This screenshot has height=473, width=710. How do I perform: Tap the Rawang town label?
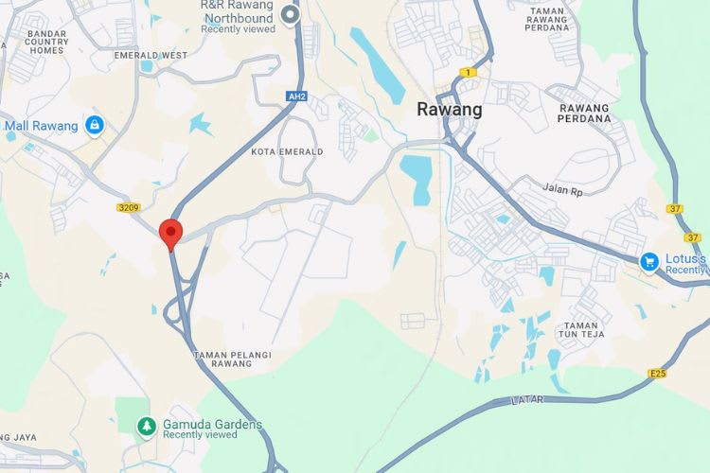point(450,110)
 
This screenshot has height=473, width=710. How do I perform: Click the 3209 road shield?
point(129,207)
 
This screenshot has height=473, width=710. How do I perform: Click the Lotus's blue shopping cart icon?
point(649,261)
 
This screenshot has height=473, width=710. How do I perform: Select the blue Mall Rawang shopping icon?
point(94,124)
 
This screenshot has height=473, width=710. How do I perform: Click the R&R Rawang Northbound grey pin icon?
point(292,14)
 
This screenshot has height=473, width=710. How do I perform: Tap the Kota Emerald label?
point(288,151)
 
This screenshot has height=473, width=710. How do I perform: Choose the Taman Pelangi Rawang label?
point(233,360)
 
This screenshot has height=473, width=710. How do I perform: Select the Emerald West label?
point(151,56)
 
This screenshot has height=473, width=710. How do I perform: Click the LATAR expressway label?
point(527,400)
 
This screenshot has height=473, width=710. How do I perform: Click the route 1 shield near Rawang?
point(469,72)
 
